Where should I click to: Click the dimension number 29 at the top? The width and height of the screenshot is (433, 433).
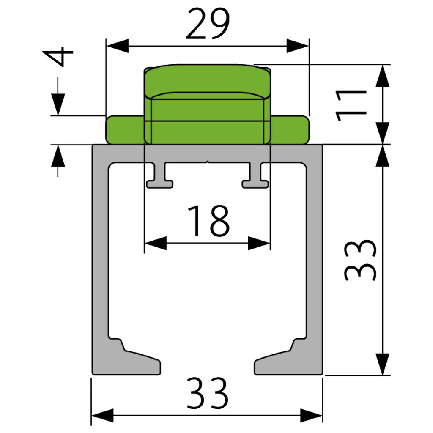(x=208, y=24)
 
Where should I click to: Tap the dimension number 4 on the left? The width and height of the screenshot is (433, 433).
(x=58, y=57)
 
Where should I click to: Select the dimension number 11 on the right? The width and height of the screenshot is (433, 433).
(x=351, y=106)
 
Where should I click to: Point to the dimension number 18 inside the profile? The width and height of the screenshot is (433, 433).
(x=208, y=221)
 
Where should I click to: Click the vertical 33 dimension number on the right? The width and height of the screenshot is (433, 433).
(x=360, y=260)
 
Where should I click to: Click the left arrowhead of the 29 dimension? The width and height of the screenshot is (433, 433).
(x=118, y=46)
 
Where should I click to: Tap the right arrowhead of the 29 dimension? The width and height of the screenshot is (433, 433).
(x=298, y=46)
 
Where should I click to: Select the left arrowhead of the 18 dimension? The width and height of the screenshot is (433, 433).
(x=156, y=243)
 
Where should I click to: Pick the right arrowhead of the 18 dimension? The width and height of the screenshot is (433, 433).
(x=259, y=243)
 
